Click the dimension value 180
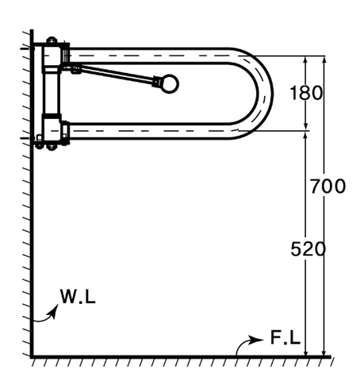pyautogui.click(x=306, y=93)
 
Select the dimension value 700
pyautogui.click(x=327, y=187)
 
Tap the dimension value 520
pyautogui.click(x=308, y=249)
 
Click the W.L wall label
pyautogui.click(x=78, y=296)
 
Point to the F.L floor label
pyautogui.click(x=285, y=337)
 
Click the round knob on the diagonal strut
pyautogui.click(x=170, y=84)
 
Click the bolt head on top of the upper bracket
pyautogui.click(x=52, y=40)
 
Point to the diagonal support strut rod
pyautogui.click(x=117, y=75)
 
